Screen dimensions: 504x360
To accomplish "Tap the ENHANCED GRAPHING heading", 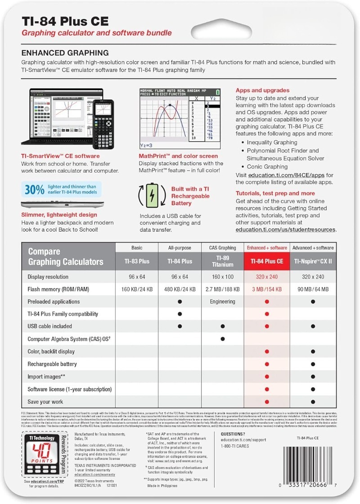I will pyautogui.click(x=65, y=53).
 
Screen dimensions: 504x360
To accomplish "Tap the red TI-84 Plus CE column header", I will pyautogui.click(x=266, y=261).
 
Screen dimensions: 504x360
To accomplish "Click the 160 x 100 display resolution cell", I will pyautogui.click(x=222, y=277).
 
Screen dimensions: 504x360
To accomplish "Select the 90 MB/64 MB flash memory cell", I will pyautogui.click(x=312, y=289).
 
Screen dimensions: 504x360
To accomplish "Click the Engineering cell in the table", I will pyautogui.click(x=222, y=302).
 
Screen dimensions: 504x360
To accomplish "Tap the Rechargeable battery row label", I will pyautogui.click(x=52, y=364).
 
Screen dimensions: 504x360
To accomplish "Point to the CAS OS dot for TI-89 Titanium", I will pyautogui.click(x=222, y=339).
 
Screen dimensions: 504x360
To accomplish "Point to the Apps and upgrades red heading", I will pyautogui.click(x=262, y=90).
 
